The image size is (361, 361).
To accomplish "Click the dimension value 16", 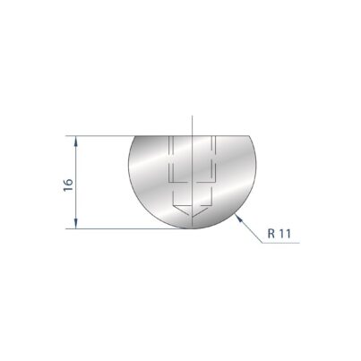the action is pos(68,185).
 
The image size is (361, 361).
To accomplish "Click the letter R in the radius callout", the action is pos(271,234).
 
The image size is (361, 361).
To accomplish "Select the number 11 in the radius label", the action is pos(285,234).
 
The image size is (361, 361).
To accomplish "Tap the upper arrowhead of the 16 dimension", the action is pos(76,141).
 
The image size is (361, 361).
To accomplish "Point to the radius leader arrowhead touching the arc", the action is pos(238,218).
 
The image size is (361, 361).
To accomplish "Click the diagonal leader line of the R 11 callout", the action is pos(249,228).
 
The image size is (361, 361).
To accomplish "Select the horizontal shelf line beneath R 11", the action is pos(280,243).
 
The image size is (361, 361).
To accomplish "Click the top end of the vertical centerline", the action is pos(193,116).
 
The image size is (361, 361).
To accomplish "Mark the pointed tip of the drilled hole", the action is pos(193,216).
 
